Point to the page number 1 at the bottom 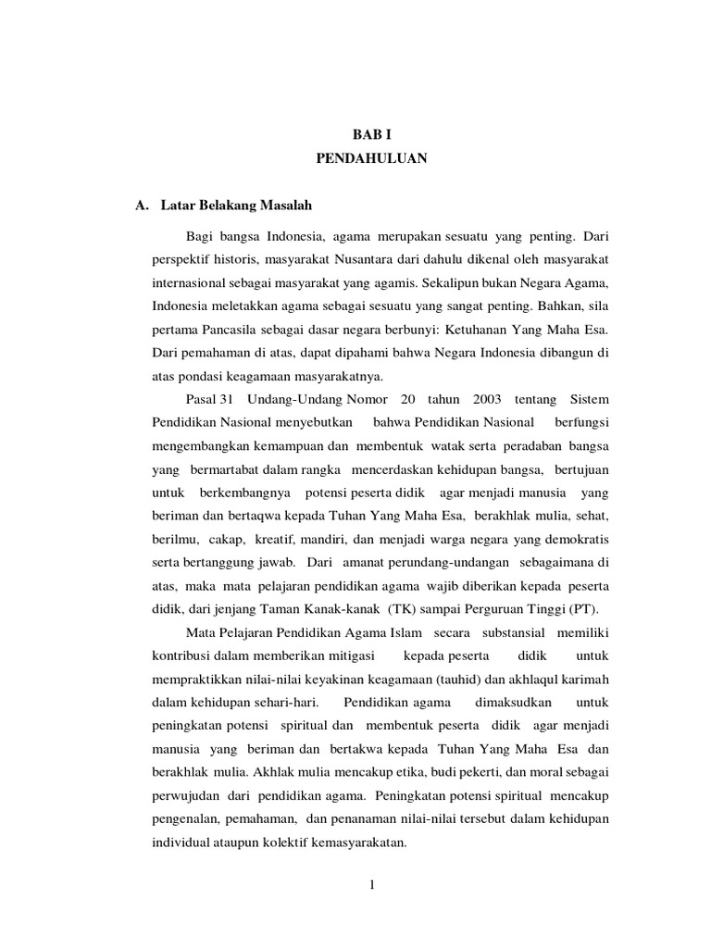coord(370,885)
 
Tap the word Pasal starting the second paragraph coord(201,400)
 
